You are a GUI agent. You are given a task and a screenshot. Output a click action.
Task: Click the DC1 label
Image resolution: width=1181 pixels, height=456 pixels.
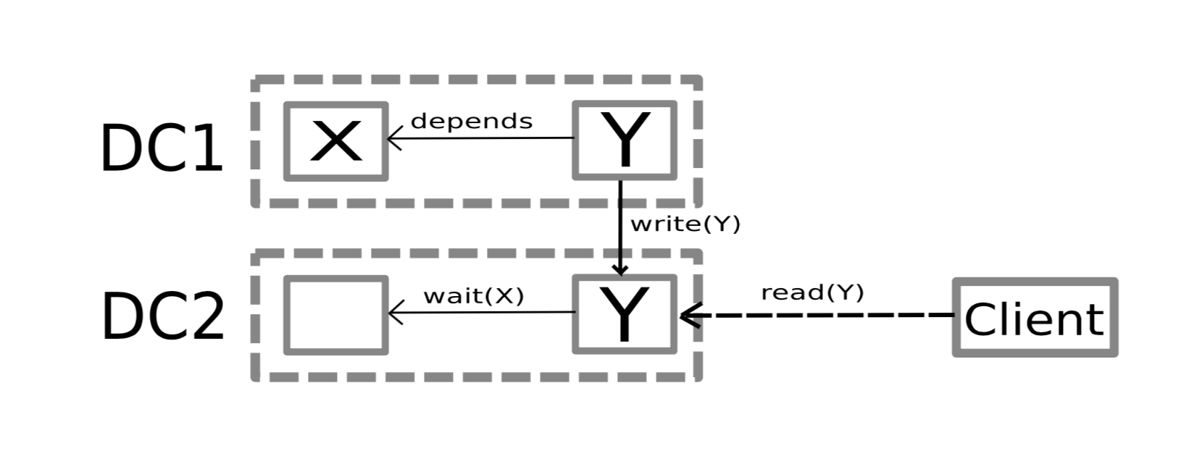(x=161, y=148)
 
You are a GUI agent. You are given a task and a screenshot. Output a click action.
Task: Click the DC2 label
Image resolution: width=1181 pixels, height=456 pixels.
(x=162, y=317)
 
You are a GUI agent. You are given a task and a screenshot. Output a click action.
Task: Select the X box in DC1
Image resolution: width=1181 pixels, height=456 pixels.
(x=335, y=141)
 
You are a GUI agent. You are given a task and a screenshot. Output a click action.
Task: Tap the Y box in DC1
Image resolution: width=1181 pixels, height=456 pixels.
(x=624, y=140)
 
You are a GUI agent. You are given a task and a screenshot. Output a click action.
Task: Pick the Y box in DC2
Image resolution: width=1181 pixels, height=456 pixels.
(x=624, y=314)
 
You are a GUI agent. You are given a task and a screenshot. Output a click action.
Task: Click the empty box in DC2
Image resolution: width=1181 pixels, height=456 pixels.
(x=335, y=315)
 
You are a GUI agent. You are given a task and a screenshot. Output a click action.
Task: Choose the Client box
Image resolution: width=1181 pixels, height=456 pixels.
(x=1034, y=317)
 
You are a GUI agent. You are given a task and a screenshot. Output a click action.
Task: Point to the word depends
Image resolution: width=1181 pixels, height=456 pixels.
(x=471, y=121)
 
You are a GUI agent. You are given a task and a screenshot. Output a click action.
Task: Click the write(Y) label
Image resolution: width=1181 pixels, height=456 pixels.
(x=685, y=224)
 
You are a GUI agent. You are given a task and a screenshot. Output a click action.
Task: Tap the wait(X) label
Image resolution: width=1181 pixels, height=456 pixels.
(x=473, y=295)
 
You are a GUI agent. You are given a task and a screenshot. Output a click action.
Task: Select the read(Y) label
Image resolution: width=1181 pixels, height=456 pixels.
(x=812, y=292)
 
